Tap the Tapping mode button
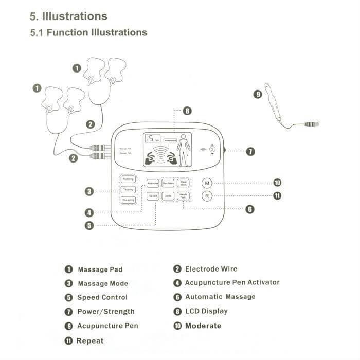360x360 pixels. click(x=128, y=189)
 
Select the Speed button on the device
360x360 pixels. click(x=153, y=196)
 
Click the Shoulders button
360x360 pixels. click(x=168, y=183)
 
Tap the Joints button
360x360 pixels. click(x=168, y=196)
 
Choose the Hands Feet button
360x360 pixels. click(x=183, y=196)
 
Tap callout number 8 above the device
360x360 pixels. click(x=187, y=111)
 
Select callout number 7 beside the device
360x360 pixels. click(x=250, y=151)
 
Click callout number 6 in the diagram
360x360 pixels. click(x=249, y=209)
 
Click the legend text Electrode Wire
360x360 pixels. click(x=211, y=268)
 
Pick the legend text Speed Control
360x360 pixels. click(x=102, y=297)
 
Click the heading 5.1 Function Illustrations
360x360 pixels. click(x=88, y=32)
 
